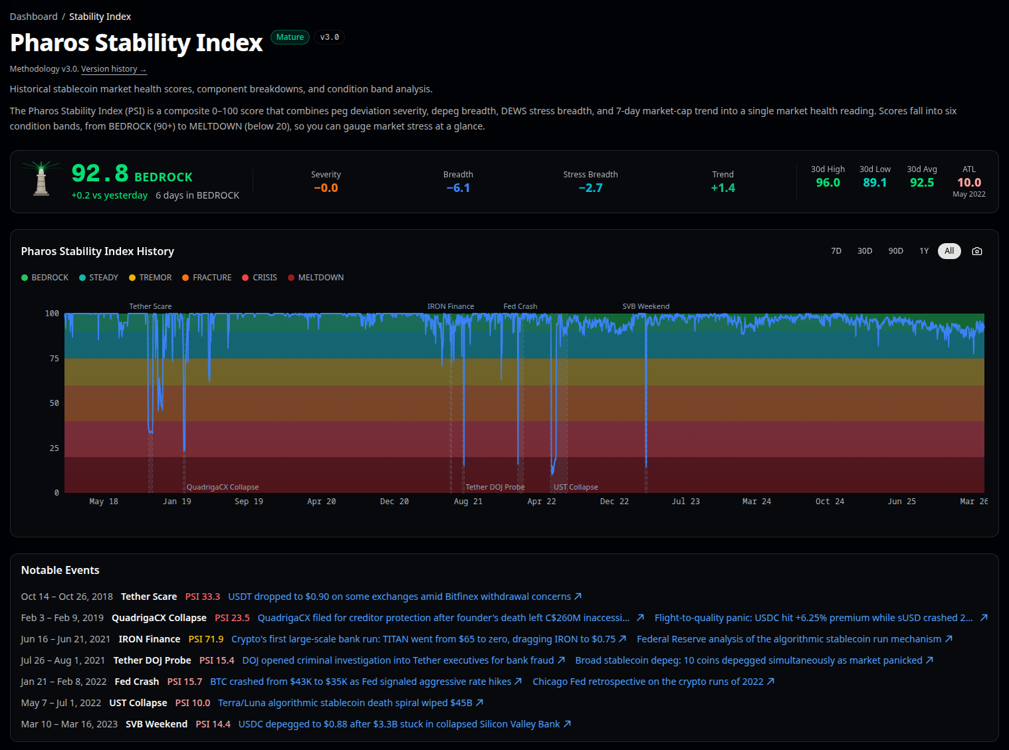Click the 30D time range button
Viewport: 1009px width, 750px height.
point(864,251)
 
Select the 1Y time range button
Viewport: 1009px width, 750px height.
point(923,251)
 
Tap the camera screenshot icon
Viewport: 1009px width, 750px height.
point(976,251)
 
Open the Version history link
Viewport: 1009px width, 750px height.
point(113,69)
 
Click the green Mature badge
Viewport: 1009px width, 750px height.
point(290,37)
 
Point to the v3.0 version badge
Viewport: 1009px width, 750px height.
point(329,37)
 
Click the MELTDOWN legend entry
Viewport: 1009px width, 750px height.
point(316,278)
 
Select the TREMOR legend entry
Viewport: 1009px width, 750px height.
point(150,278)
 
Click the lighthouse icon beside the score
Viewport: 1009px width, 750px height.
point(41,179)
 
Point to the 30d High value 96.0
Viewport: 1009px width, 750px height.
point(828,183)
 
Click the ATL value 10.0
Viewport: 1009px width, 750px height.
point(968,183)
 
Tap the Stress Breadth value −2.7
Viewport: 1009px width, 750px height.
point(590,188)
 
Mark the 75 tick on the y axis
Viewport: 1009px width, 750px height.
point(55,359)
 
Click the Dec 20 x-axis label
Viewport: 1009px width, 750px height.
point(394,502)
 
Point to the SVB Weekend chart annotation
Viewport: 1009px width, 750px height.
point(645,307)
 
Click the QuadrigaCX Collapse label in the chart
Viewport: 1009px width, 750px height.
point(223,488)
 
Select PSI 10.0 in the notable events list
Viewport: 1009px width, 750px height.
point(193,703)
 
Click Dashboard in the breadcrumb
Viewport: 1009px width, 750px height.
point(33,17)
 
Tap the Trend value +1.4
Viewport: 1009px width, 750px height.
point(723,188)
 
